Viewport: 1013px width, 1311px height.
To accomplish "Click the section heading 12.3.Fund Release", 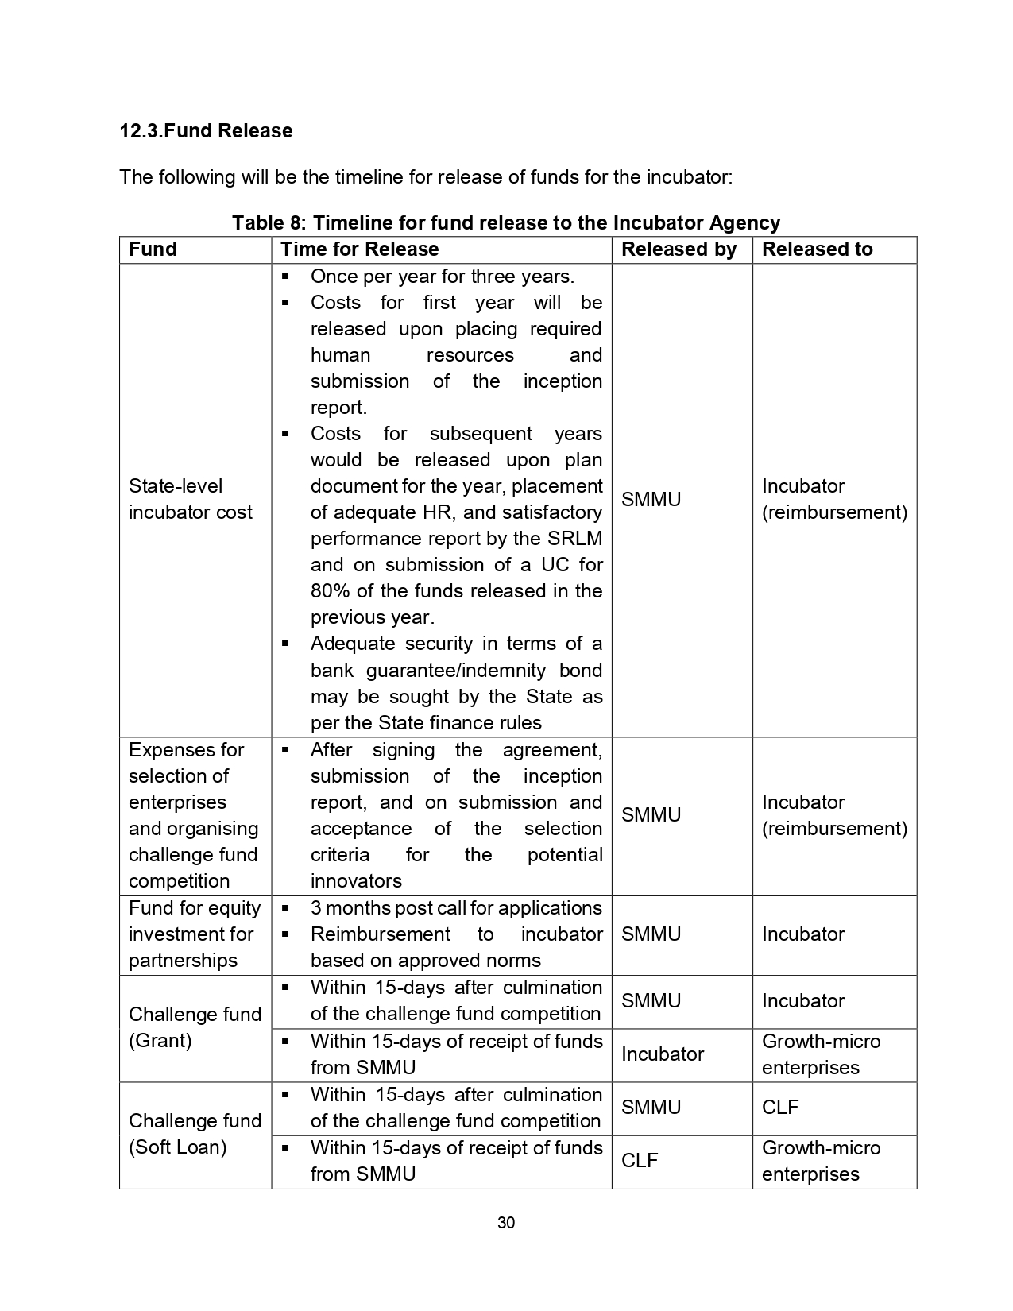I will click(206, 131).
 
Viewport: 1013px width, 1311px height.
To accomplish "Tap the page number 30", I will click(506, 1223).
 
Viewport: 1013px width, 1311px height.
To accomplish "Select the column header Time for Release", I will click(359, 249).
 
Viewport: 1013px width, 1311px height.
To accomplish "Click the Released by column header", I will click(679, 249).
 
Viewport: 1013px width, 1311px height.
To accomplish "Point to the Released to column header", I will click(817, 249).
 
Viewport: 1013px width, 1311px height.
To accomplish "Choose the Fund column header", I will click(153, 249).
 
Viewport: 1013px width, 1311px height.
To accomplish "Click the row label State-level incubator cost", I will click(191, 499).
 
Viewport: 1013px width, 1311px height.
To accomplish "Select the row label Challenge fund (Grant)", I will click(195, 1027).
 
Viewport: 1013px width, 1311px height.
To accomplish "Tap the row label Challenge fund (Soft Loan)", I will click(195, 1134).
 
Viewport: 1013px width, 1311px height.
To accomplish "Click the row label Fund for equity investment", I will click(195, 934).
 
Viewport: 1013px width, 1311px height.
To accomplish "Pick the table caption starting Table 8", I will click(506, 222).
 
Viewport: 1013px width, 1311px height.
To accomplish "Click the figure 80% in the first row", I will click(328, 591).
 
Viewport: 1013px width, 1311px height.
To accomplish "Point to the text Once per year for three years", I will click(442, 277).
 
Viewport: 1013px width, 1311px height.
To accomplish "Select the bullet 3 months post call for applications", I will click(456, 908).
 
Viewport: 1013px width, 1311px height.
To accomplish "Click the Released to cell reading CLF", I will click(780, 1108).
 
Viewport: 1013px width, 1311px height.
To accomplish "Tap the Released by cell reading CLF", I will click(640, 1161).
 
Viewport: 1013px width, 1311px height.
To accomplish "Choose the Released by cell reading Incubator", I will click(663, 1054).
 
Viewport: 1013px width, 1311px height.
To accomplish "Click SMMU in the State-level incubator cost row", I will click(651, 500).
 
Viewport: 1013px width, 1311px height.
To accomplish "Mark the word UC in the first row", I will click(555, 565).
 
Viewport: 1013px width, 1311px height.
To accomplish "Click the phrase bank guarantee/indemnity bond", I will click(456, 671).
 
